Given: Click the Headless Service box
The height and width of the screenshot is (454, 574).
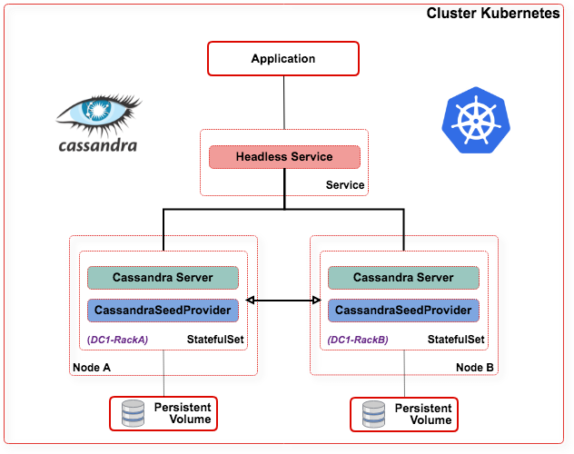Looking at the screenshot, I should pos(284,157).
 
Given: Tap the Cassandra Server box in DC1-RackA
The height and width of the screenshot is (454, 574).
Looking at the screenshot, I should pos(163,277).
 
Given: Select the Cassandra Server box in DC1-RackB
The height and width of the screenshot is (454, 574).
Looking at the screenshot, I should pos(403,277).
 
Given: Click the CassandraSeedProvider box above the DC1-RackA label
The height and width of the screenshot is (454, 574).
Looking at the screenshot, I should pos(163,311).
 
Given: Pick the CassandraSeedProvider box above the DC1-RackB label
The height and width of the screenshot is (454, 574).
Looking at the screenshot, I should pos(403,311).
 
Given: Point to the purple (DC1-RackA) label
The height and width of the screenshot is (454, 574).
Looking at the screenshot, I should pos(117,340).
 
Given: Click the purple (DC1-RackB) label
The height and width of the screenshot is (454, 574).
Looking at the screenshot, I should pos(358,340).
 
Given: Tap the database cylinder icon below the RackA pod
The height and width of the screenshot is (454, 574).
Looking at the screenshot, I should pos(133,414).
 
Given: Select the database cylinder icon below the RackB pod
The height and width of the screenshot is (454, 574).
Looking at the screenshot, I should pos(373,414).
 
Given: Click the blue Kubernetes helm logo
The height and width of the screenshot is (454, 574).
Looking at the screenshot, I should pos(474,121).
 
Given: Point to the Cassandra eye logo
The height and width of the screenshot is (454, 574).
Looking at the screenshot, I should pos(98,113).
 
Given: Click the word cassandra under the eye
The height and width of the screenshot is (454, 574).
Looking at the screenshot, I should pos(98,144).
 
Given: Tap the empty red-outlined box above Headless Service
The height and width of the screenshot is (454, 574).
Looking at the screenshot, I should pos(283,58).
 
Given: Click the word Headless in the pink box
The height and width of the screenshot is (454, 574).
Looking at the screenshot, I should pos(262,157).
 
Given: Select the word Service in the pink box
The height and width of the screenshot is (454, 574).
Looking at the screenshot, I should pos(312,157).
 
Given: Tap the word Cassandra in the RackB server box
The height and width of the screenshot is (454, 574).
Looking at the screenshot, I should pos(383,277).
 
